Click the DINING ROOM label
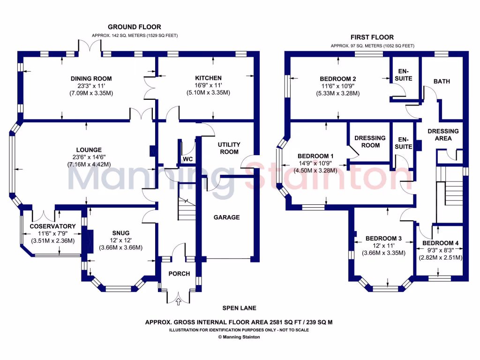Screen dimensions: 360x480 coord(91,78)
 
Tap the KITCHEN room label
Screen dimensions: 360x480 coord(209,78)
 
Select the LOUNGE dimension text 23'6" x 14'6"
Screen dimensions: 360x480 coord(88,157)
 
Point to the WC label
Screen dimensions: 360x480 coord(188,159)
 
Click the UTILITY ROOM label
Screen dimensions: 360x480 coord(228,148)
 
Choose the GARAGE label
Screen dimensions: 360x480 coord(226,217)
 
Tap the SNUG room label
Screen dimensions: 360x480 coord(120,232)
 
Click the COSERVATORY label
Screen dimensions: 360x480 coord(52,226)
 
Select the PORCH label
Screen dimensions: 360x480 coord(179,274)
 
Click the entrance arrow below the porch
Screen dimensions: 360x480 coord(178,302)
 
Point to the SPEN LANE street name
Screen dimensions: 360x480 coord(239,308)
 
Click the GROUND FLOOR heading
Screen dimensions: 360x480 coord(135,27)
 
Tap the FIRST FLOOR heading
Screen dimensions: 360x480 coord(372,37)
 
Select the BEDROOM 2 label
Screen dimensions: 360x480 coord(338,78)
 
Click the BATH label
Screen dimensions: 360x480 coord(442,81)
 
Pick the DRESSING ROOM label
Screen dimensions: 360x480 coord(370,142)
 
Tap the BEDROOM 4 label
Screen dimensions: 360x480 coord(440,243)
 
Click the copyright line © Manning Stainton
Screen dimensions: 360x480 coord(239,337)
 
